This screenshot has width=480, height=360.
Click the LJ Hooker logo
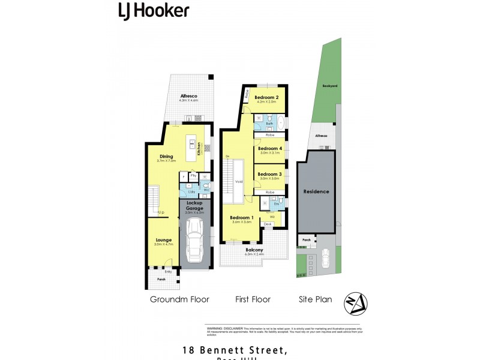[x=153, y=10]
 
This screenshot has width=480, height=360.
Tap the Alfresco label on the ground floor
[x=189, y=96]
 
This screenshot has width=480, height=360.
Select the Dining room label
[x=166, y=157]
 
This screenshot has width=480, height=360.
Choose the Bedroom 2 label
[x=266, y=97]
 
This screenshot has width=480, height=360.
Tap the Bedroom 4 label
[x=269, y=148]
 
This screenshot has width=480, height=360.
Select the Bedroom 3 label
[x=269, y=174]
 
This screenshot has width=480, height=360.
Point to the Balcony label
[x=254, y=251]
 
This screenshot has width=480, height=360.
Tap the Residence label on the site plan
[x=316, y=191]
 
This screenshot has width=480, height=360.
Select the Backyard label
[x=329, y=86]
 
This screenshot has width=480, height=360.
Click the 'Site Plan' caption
[x=316, y=299]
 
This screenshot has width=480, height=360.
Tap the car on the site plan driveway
[x=326, y=258]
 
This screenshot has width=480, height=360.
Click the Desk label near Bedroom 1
[x=268, y=224]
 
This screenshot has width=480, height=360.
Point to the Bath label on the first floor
[x=269, y=124]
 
